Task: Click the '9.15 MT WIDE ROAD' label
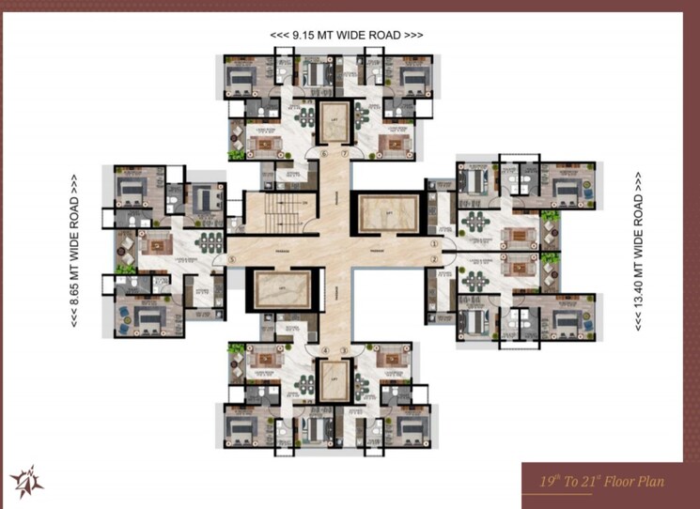346,35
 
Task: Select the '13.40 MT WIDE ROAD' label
640,248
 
